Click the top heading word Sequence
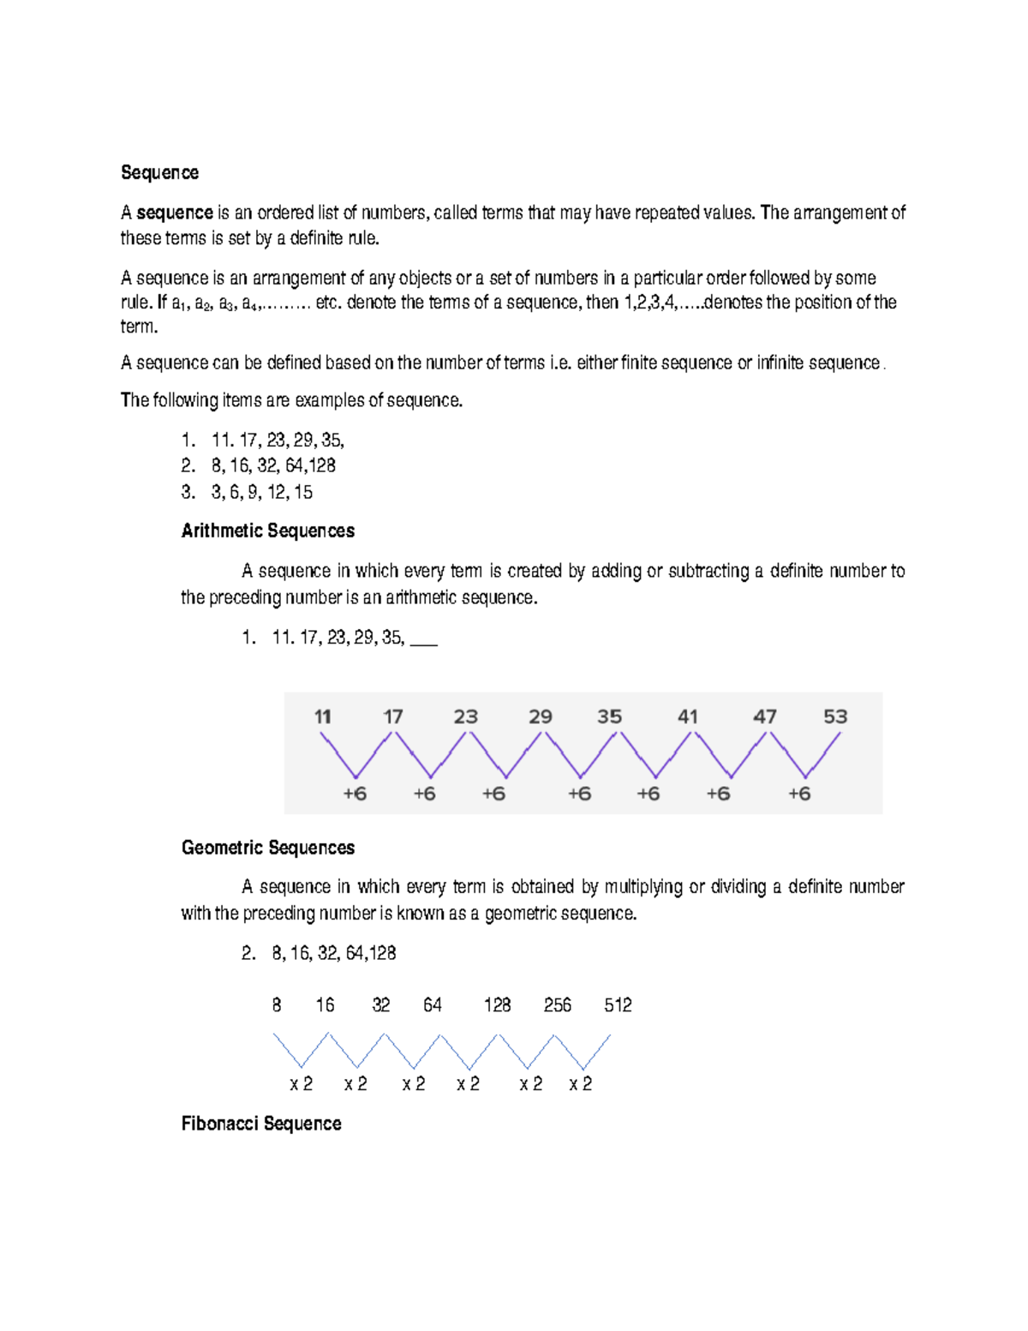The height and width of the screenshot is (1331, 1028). (159, 172)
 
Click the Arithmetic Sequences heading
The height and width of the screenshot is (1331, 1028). (267, 531)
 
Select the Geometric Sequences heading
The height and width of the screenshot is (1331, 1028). (267, 848)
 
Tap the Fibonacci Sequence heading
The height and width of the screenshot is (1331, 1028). (260, 1124)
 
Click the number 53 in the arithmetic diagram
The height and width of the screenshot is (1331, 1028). (835, 716)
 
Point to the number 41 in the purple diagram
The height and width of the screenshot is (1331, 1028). (687, 716)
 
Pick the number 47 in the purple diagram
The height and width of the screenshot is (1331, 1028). (764, 716)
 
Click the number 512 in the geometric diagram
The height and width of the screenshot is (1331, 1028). (618, 1004)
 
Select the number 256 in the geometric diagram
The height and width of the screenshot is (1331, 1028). (557, 1004)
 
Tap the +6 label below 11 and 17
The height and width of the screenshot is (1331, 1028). (355, 794)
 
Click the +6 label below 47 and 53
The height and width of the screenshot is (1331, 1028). (798, 794)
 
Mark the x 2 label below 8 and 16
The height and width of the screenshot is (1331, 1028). (301, 1084)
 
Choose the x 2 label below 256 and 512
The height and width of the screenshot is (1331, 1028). (580, 1084)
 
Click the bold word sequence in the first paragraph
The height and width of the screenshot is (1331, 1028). (175, 213)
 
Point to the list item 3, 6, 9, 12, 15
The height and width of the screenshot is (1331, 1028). (261, 492)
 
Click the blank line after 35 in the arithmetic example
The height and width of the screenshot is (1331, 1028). (424, 639)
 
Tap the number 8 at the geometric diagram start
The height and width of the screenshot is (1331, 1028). (276, 1004)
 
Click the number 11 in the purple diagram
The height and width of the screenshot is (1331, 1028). (322, 716)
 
